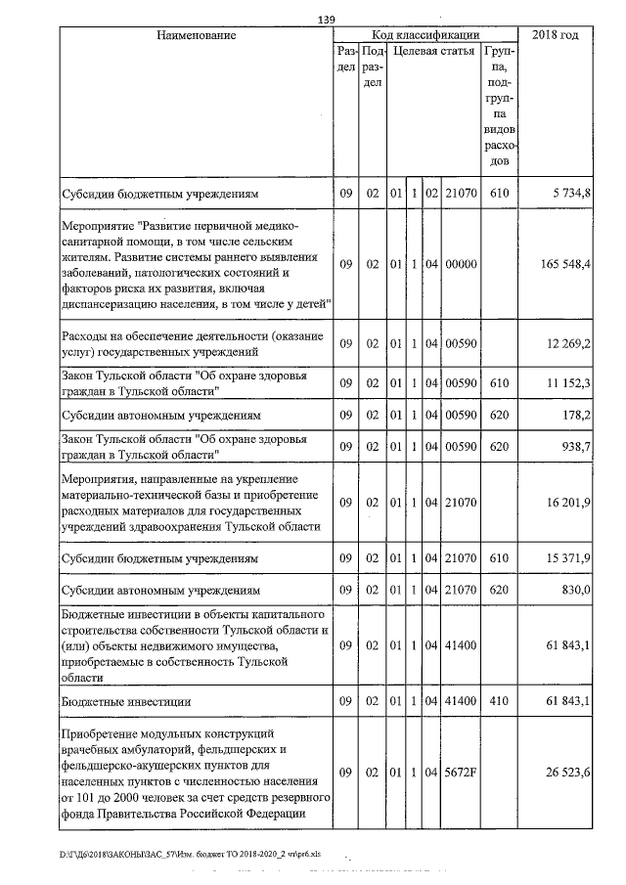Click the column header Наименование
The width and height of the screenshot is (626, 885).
pyautogui.click(x=196, y=35)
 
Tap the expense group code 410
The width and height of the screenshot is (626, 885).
pyautogui.click(x=499, y=702)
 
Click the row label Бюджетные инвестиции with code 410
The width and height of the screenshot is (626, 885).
pyautogui.click(x=125, y=702)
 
